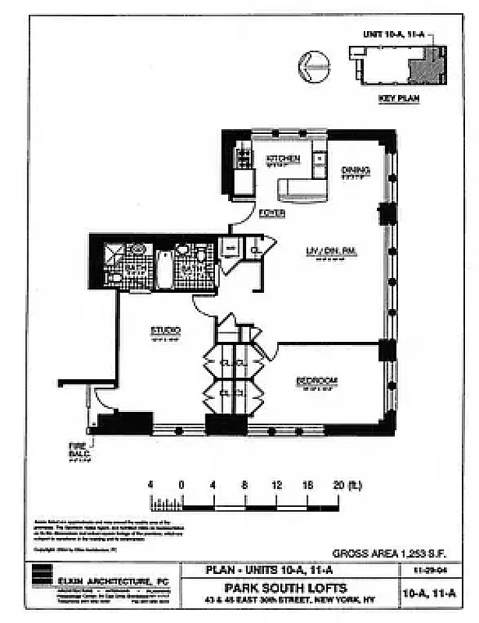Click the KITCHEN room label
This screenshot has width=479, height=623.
click(284, 159)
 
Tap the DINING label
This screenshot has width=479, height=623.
click(355, 171)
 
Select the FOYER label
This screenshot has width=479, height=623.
click(272, 213)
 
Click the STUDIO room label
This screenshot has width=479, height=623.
click(165, 331)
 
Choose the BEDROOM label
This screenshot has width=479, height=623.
click(316, 381)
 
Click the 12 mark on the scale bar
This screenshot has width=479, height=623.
click(276, 484)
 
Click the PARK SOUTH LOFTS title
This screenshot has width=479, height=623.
click(287, 588)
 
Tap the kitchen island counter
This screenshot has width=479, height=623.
click(302, 188)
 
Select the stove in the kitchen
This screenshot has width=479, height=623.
click(244, 159)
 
